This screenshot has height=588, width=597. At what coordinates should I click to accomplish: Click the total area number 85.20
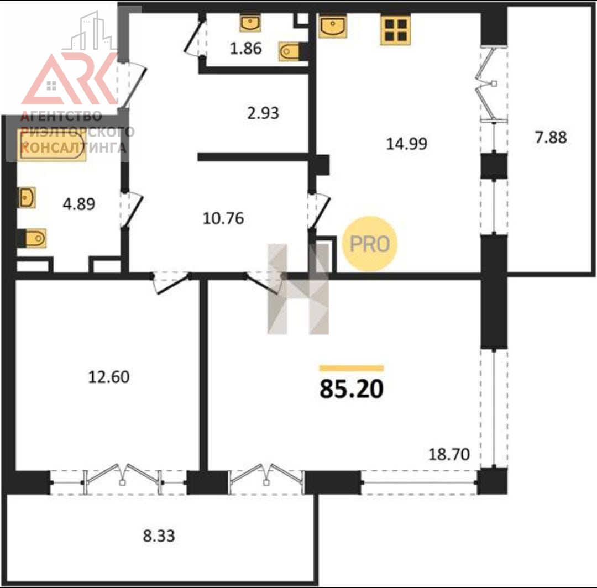click(352, 389)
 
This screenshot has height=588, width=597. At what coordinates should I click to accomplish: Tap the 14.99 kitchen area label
click(407, 144)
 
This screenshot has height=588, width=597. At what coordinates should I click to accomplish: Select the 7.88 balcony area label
click(551, 138)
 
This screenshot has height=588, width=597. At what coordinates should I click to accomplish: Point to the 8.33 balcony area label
click(159, 536)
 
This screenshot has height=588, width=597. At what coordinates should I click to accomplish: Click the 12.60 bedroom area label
click(109, 377)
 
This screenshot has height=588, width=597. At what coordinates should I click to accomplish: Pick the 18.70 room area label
click(449, 454)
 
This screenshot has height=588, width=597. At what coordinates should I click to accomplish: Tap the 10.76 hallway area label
click(223, 218)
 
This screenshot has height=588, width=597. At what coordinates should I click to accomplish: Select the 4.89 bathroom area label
click(79, 204)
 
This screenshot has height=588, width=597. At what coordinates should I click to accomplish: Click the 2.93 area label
click(263, 113)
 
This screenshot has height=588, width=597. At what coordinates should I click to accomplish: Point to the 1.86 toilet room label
click(246, 49)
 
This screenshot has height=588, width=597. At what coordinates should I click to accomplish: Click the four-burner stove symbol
click(396, 30)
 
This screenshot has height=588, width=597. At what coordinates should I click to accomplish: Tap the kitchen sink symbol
click(333, 27)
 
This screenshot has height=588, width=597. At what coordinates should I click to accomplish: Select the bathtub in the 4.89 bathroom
click(51, 145)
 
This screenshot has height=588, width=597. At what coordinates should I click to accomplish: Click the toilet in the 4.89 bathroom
click(33, 238)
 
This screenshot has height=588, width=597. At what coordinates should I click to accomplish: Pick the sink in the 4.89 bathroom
click(27, 198)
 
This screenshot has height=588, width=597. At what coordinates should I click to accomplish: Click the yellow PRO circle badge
click(370, 244)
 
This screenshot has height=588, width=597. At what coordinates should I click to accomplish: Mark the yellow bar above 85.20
click(352, 368)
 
